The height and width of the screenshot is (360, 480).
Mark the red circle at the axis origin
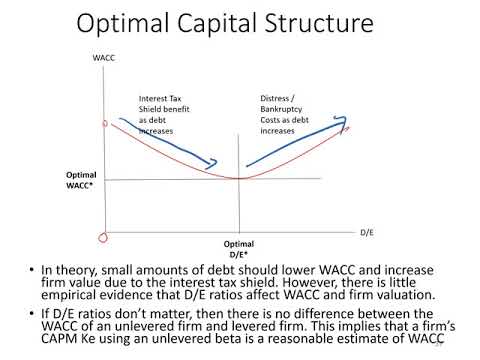tap(100, 237)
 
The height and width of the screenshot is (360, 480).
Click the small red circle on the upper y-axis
tap(101, 125)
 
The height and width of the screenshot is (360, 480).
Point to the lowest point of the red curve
tap(238, 178)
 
